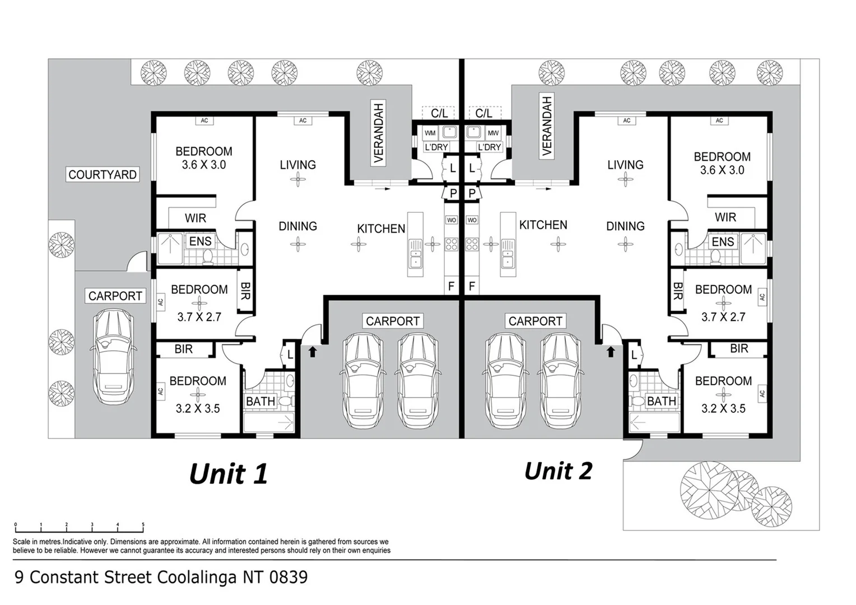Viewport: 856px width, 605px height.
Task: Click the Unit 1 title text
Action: (229, 474)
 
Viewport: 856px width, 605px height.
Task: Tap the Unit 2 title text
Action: (558, 471)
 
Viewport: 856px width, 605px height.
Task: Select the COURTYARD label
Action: (103, 175)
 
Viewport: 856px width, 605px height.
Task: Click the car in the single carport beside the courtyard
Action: (113, 357)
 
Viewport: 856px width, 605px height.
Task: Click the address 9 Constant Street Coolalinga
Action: (161, 577)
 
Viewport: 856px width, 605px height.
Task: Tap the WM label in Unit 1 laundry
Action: (430, 133)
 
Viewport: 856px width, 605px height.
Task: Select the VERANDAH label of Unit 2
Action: (547, 126)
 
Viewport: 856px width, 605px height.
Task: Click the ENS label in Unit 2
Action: (723, 242)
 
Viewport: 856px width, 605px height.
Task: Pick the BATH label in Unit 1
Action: (260, 401)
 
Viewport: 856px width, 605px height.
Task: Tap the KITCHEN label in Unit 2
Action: (543, 225)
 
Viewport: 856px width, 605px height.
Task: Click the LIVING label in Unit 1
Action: (298, 165)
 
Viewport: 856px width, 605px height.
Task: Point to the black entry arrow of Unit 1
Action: (313, 351)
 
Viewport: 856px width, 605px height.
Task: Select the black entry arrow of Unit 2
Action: (611, 351)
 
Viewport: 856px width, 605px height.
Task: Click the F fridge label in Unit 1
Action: (451, 286)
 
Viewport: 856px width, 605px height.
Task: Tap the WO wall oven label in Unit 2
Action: (472, 220)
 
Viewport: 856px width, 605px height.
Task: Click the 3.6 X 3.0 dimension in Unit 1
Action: (204, 165)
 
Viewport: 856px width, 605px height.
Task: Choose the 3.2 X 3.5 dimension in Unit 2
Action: (723, 409)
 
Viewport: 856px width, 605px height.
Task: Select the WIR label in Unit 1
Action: (196, 218)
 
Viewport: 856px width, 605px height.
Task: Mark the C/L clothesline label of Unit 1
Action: (439, 113)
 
